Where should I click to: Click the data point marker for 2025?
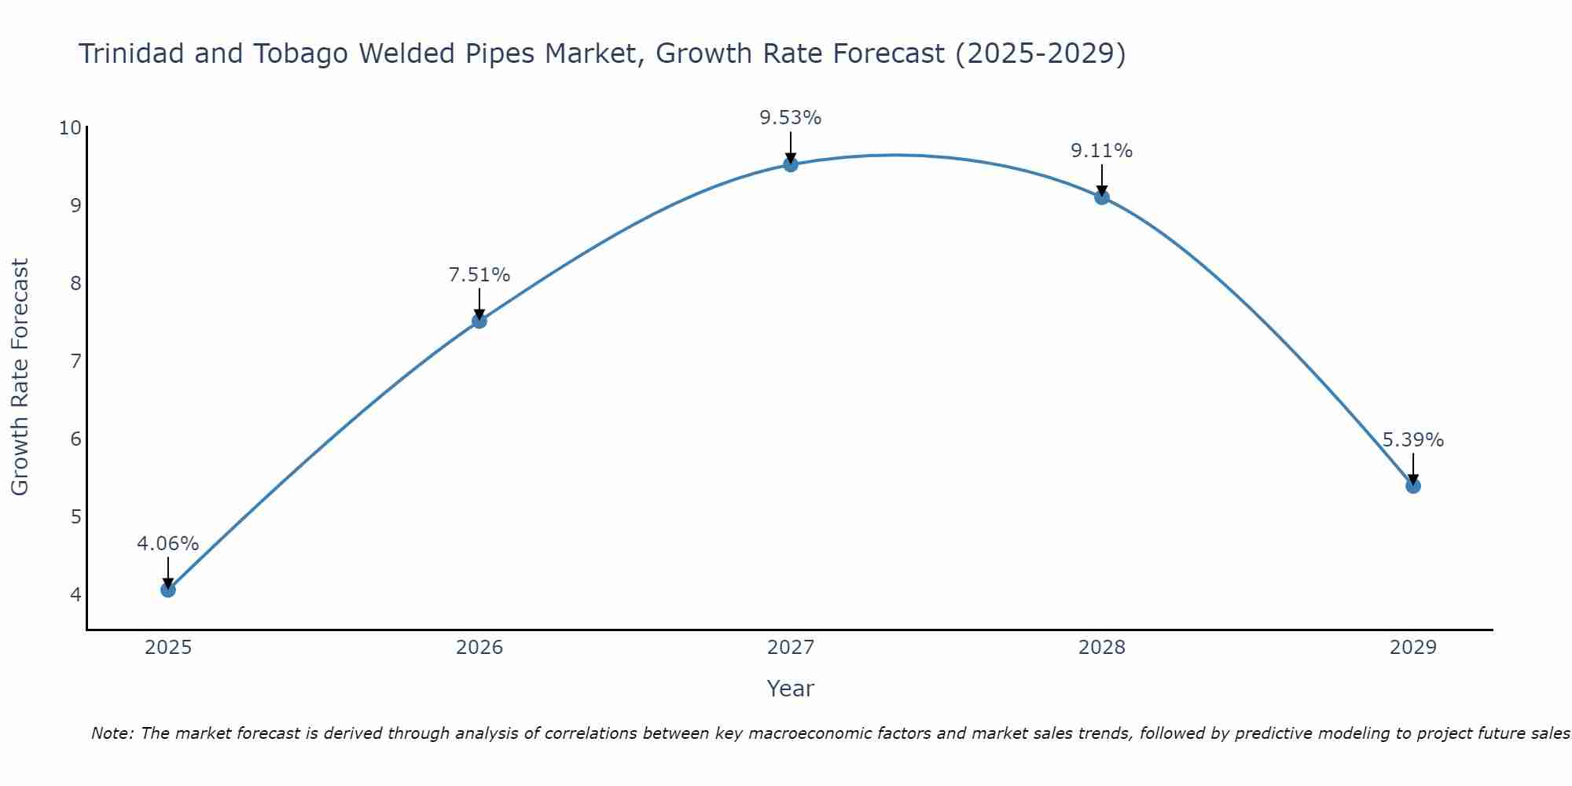pyautogui.click(x=168, y=589)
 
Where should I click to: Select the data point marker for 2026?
pyautogui.click(x=479, y=321)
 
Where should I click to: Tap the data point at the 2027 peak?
pyautogui.click(x=791, y=164)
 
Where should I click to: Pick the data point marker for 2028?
pyautogui.click(x=1102, y=196)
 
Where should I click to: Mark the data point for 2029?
pyautogui.click(x=1413, y=486)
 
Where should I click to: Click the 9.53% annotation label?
pyautogui.click(x=790, y=118)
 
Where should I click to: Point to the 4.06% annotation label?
pyautogui.click(x=168, y=543)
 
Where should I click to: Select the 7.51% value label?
pyautogui.click(x=479, y=275)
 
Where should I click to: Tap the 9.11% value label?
pyautogui.click(x=1101, y=151)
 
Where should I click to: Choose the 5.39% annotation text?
pyautogui.click(x=1412, y=440)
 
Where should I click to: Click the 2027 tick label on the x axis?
pyautogui.click(x=791, y=648)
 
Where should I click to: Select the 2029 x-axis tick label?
pyautogui.click(x=1413, y=648)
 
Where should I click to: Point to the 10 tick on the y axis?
pyautogui.click(x=70, y=127)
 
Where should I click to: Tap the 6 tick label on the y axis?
pyautogui.click(x=75, y=439)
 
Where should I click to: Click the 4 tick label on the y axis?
pyautogui.click(x=75, y=594)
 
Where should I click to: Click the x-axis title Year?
pyautogui.click(x=790, y=689)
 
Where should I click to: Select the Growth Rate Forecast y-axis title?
pyautogui.click(x=20, y=376)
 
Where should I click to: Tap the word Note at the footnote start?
pyautogui.click(x=112, y=733)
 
